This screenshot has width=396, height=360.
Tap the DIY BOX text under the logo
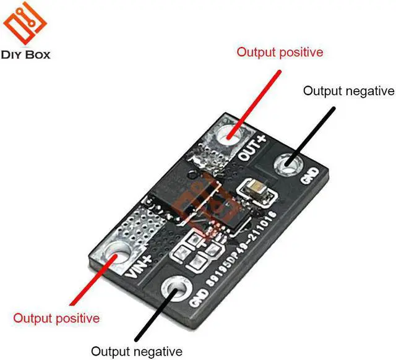(x=26, y=55)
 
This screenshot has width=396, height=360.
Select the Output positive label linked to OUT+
(x=280, y=52)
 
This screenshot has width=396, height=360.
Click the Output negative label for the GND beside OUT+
(x=348, y=91)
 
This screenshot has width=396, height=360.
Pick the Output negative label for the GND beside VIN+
(x=137, y=351)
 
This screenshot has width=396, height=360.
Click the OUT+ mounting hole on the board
(x=231, y=132)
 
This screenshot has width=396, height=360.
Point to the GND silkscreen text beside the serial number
(x=197, y=293)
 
